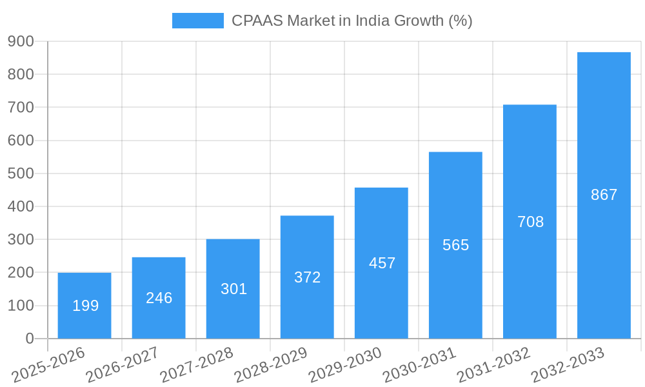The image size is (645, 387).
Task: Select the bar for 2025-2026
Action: tap(84, 305)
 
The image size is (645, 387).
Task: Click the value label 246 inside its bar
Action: tap(159, 298)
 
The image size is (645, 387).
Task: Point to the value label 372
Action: tap(307, 277)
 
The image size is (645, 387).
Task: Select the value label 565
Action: tap(455, 245)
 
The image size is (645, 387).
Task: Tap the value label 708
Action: tap(530, 222)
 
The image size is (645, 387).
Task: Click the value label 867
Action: tap(604, 195)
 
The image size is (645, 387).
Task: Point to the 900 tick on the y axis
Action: tap(21, 41)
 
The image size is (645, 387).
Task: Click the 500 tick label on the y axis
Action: tap(21, 174)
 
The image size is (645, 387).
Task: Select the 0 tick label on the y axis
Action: tap(30, 339)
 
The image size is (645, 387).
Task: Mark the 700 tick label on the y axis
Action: tap(21, 107)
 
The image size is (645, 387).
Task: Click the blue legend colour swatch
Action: tap(197, 21)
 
